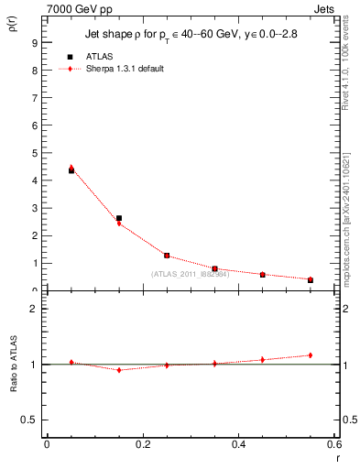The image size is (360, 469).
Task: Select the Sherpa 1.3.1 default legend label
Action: [x=126, y=69]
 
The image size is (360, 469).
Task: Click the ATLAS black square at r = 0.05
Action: [x=71, y=170]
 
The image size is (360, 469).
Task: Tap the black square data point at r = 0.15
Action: [x=119, y=218]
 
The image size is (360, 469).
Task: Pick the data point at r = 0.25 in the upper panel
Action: [x=167, y=256]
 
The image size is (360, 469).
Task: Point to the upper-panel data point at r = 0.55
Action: [x=311, y=279]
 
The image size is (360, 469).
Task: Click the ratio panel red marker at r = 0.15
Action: [x=119, y=370]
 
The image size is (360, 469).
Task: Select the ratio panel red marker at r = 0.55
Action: [x=311, y=355]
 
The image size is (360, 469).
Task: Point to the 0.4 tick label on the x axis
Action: [x=239, y=445]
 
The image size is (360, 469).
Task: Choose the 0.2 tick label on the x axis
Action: [x=143, y=445]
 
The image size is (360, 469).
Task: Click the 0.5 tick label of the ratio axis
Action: [x=30, y=420]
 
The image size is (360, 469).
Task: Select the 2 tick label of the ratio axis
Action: [x=34, y=310]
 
